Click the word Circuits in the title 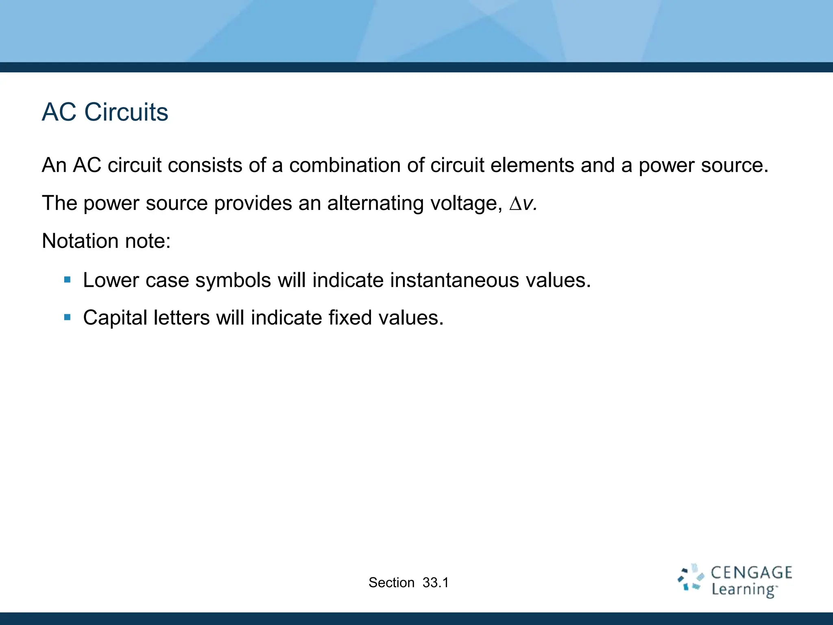coord(126,112)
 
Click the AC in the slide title coord(59,112)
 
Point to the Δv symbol coord(522,203)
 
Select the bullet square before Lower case coord(68,280)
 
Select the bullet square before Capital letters coord(68,317)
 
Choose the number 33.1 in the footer coord(435,583)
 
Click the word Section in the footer coord(391,583)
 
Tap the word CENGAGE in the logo coord(751,573)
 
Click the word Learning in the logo coord(744,589)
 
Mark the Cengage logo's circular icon coord(691,578)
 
